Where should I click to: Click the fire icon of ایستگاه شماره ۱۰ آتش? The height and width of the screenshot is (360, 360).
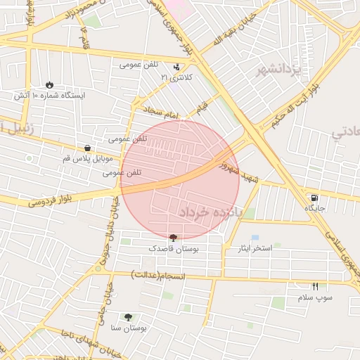click(x=49, y=84)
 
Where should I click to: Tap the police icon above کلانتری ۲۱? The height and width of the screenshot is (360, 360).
click(x=176, y=67)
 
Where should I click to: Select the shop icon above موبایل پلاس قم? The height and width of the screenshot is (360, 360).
click(x=86, y=148)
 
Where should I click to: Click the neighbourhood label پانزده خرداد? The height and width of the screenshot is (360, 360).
click(x=210, y=211)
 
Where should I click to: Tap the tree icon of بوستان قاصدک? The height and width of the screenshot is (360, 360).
click(x=173, y=238)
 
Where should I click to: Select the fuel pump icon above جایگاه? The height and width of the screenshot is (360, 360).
click(x=313, y=198)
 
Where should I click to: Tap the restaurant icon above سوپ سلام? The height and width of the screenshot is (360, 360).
click(x=314, y=286)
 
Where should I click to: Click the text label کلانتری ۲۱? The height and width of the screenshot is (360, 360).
click(x=176, y=77)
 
